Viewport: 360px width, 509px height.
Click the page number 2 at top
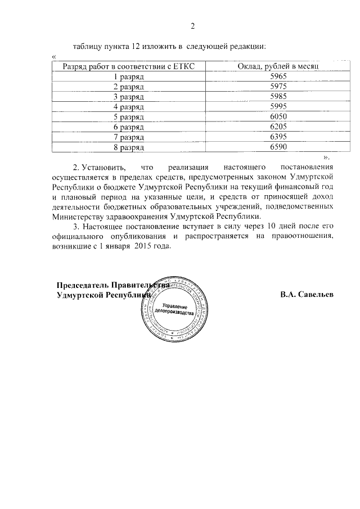[192, 26]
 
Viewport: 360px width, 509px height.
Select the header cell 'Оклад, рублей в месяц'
[278, 66]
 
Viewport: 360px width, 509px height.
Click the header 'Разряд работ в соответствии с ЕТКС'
[129, 66]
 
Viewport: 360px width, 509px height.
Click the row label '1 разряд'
[129, 76]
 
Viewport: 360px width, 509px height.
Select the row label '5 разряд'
[129, 117]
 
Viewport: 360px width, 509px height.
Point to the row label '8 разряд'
[129, 147]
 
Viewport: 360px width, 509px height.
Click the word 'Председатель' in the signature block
[83, 285]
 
